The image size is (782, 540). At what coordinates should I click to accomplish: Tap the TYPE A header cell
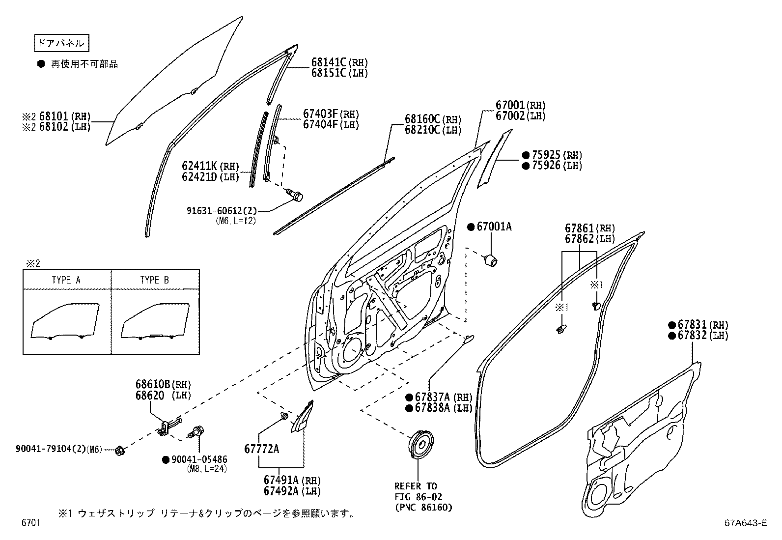[66, 280]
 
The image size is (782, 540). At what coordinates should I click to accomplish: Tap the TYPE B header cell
[155, 280]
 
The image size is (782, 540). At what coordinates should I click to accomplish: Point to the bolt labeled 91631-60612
[297, 196]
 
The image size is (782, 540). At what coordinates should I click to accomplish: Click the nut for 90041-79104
[118, 450]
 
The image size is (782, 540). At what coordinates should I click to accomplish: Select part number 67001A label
[494, 227]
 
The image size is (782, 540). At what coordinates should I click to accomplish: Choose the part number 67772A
[261, 449]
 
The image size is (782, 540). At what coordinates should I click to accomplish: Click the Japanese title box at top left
[62, 43]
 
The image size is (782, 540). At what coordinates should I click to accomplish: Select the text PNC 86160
[423, 508]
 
